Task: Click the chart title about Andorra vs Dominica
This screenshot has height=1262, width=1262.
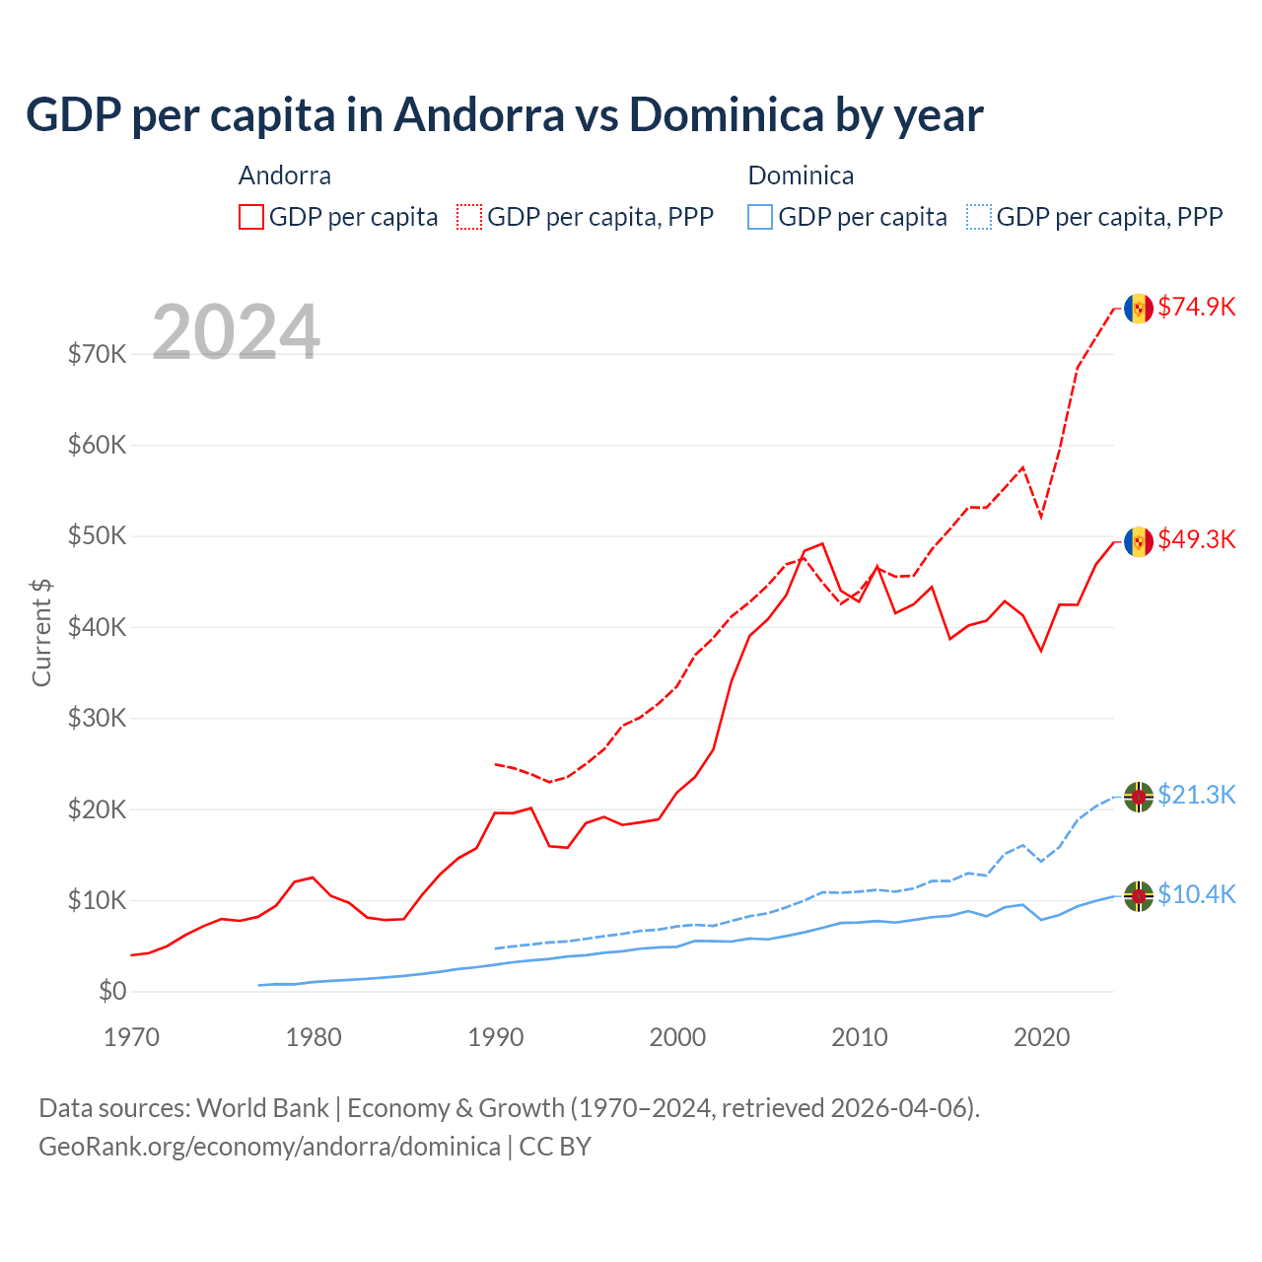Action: pos(504,114)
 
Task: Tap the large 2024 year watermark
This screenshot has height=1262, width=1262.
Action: pos(236,332)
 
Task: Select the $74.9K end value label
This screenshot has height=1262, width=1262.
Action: pos(1196,307)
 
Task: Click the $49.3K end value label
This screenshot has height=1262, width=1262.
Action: pos(1196,539)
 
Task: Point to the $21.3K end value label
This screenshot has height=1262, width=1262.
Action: pos(1196,795)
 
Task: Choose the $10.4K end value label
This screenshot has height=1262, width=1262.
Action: pos(1196,894)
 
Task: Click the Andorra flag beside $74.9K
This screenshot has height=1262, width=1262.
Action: pos(1139,308)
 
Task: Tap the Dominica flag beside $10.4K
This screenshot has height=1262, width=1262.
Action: pos(1139,895)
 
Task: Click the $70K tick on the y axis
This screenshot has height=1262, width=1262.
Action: pos(97,354)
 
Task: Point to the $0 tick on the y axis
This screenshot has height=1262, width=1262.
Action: pos(112,991)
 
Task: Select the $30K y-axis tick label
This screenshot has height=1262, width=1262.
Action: pos(97,718)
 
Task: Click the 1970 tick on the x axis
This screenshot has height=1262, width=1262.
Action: pos(131,1037)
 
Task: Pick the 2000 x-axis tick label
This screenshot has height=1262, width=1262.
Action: pos(677,1037)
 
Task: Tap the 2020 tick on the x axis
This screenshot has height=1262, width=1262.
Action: pos(1041,1037)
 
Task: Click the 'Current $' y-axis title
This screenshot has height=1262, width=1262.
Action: pos(41,632)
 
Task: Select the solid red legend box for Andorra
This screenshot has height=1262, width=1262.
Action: pos(251,217)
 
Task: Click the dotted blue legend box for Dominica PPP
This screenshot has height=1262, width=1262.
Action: pos(979,217)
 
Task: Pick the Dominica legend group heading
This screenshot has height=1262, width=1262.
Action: pos(801,175)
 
